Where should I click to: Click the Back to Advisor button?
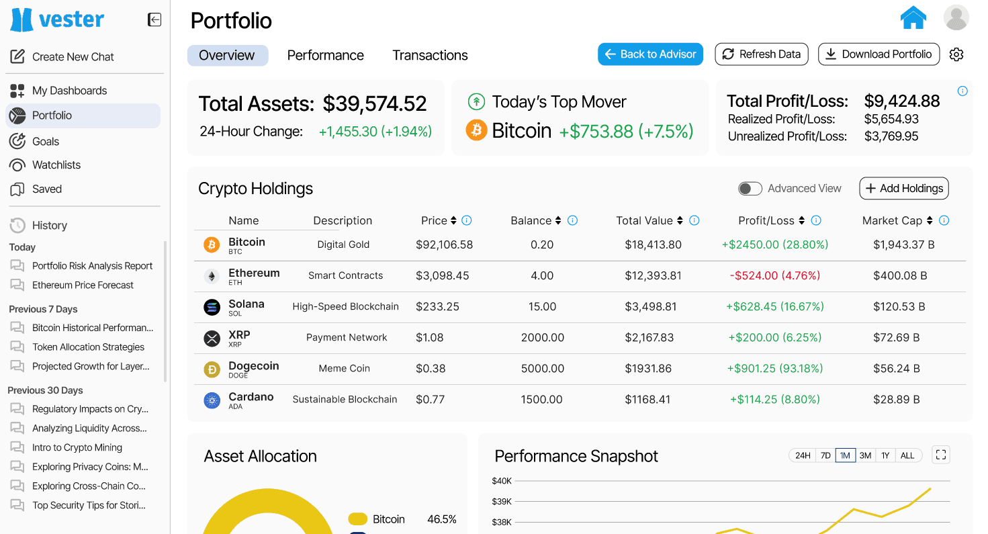coord(650,54)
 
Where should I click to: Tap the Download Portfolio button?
coord(879,54)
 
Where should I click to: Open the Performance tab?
coord(326,55)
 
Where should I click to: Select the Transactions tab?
coord(430,55)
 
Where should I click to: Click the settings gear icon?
coord(956,54)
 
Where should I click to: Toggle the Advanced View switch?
coord(750,189)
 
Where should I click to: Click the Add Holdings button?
coord(904,188)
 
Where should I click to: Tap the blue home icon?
coord(913,18)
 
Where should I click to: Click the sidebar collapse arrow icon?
coord(154,19)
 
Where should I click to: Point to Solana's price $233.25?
coord(437,306)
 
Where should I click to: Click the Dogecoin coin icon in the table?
coord(212,369)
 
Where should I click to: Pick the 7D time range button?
coord(825,455)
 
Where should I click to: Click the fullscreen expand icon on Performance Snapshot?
coord(941,455)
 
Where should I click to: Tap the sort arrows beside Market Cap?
coord(930,220)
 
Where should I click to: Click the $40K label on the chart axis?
coord(502,481)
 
